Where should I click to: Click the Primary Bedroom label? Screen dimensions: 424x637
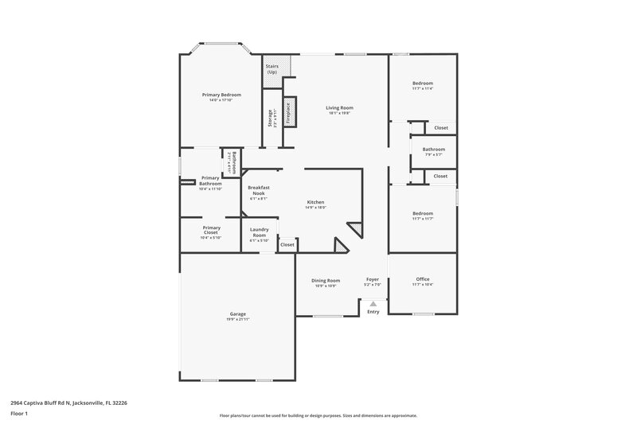(219, 95)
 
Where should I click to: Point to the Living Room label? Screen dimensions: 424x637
(340, 107)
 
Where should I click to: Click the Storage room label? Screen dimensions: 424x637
(271, 119)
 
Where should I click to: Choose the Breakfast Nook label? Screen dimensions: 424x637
(260, 190)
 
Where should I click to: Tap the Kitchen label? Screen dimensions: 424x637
(315, 202)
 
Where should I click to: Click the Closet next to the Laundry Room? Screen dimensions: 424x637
(287, 245)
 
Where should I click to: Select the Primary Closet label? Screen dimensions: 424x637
(211, 230)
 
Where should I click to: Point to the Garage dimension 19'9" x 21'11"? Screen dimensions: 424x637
(238, 319)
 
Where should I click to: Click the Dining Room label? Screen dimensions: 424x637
(325, 280)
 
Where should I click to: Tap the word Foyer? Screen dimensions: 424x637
(372, 280)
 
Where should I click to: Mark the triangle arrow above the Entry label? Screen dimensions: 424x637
(373, 303)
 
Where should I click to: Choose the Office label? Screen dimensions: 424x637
(422, 279)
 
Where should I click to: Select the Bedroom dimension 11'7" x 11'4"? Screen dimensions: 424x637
(422, 89)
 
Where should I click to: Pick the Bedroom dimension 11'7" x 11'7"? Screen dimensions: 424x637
(422, 219)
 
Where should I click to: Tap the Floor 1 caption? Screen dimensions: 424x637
(18, 414)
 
